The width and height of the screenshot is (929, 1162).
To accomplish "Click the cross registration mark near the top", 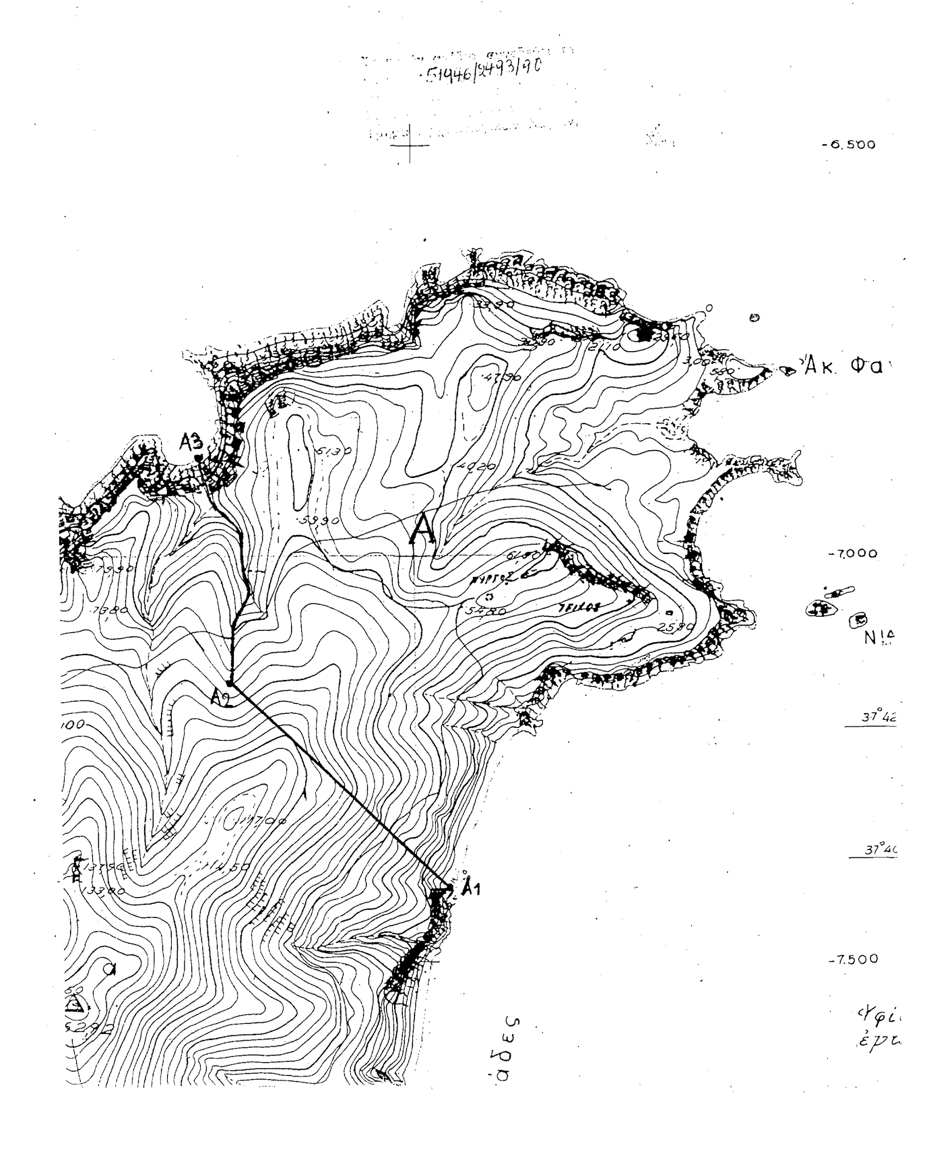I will (410, 144).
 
